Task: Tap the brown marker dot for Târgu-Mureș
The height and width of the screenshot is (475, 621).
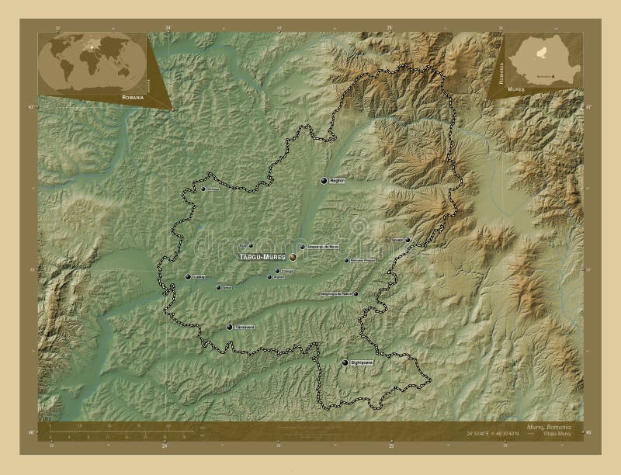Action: [293, 256]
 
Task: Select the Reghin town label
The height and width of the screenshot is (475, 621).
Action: [337, 180]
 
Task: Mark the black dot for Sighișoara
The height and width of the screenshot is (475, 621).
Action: [345, 362]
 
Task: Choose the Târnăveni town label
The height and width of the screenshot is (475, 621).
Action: [245, 328]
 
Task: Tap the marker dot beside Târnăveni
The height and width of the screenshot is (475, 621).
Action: [229, 328]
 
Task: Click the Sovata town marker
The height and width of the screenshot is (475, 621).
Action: [408, 241]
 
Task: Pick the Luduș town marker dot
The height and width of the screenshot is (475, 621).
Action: [188, 276]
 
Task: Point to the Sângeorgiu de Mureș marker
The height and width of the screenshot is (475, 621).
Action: [302, 247]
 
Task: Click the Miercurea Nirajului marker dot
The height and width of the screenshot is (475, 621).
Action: [346, 260]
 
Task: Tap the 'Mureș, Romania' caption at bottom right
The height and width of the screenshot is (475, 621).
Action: [549, 428]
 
